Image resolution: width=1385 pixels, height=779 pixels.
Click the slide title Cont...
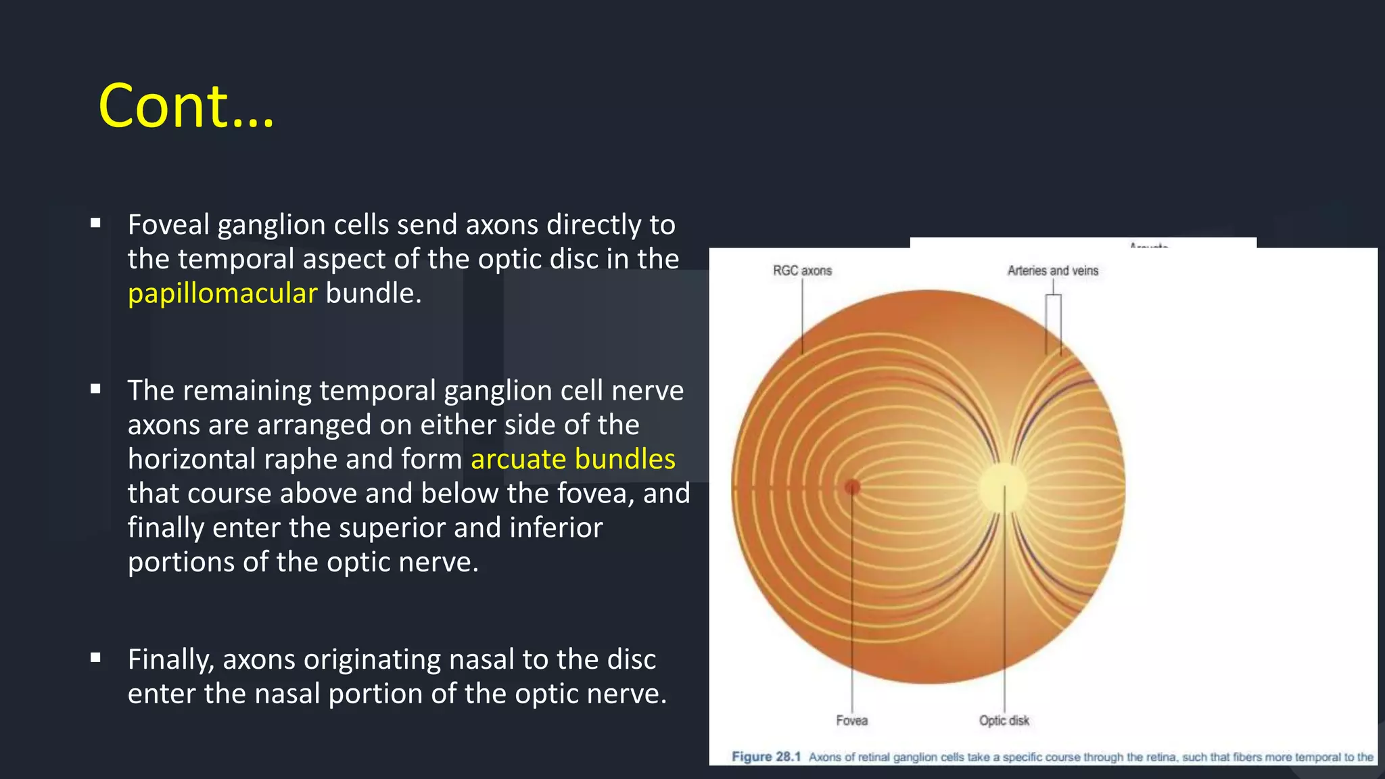point(186,106)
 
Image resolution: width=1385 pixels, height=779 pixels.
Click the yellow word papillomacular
point(222,293)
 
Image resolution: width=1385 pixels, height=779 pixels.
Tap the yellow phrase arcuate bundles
point(573,459)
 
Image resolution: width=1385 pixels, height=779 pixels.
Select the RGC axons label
point(802,270)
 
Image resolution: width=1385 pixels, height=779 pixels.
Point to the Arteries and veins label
point(1052,270)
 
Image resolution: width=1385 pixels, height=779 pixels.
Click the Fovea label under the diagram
point(851,720)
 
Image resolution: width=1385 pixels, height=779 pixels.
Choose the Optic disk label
point(1004,720)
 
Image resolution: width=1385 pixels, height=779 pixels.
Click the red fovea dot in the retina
point(852,487)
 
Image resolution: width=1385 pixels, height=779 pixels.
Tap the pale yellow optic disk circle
point(1002,487)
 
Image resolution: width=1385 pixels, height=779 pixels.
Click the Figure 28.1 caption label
point(766,757)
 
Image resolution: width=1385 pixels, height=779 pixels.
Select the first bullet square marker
point(95,222)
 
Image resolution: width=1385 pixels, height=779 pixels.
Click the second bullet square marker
point(95,389)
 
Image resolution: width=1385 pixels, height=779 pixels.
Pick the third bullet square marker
point(95,657)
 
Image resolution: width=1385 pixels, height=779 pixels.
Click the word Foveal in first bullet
point(168,225)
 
